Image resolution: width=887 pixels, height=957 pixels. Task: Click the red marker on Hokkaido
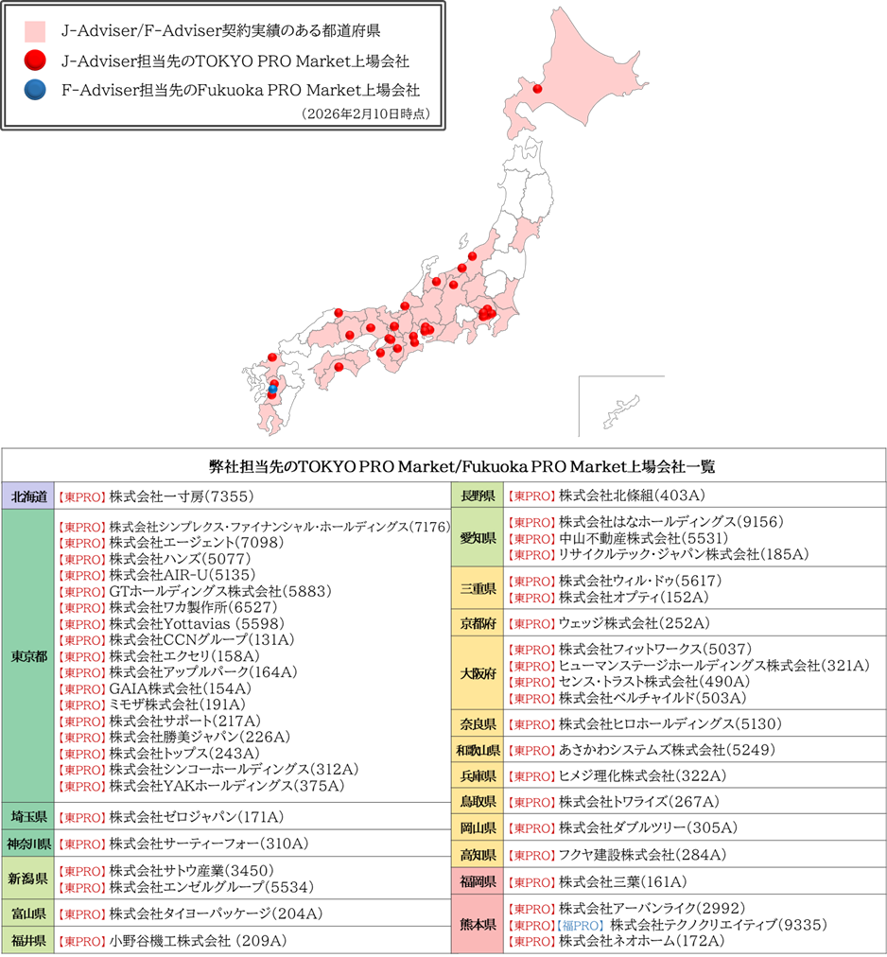537,90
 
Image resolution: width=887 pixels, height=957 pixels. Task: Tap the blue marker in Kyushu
272,389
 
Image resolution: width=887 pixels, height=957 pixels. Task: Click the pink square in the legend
35,31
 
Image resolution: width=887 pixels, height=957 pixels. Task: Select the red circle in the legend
35,61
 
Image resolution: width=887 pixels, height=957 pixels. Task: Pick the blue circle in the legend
35,91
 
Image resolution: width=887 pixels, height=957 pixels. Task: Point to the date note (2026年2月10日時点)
366,113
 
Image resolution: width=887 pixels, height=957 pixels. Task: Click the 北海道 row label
28,496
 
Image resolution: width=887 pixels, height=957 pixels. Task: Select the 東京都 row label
28,656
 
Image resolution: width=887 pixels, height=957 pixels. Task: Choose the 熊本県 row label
478,925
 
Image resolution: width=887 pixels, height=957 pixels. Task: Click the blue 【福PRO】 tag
578,925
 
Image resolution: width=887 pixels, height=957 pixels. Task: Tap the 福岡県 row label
478,882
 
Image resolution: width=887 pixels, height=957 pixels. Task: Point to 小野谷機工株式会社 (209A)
198,941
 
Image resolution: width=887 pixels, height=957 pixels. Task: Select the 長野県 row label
478,495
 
